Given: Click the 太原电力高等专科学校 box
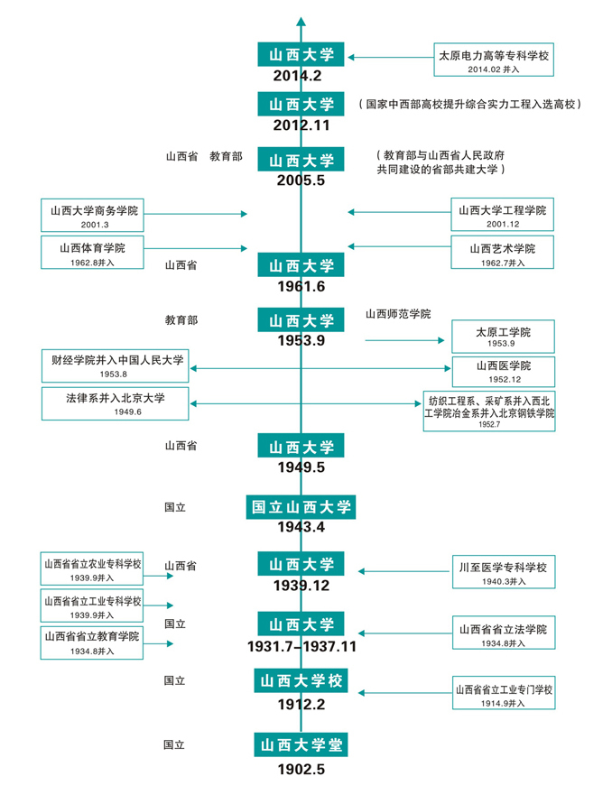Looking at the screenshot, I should click(495, 60).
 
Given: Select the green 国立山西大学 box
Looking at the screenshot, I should click(301, 507).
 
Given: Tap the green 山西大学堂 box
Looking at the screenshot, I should click(301, 744).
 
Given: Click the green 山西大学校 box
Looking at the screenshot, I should click(301, 680).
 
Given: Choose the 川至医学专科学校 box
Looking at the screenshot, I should click(504, 573).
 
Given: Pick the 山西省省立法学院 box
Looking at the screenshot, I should click(504, 633).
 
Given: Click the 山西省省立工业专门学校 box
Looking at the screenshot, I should click(504, 694).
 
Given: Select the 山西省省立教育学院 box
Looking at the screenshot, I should click(93, 641).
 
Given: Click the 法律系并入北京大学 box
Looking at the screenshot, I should click(115, 402).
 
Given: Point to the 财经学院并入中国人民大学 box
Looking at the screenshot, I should click(115, 365).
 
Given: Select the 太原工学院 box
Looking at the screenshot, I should click(502, 337).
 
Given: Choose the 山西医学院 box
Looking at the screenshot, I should click(504, 371).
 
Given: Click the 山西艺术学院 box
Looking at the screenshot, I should click(502, 252).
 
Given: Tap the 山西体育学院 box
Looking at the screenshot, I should click(93, 252).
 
